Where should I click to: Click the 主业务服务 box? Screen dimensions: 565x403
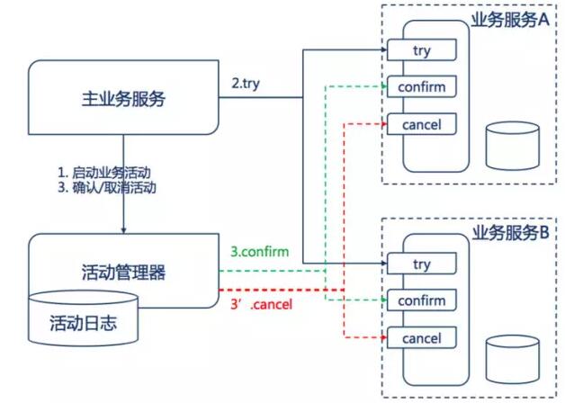[x=123, y=97]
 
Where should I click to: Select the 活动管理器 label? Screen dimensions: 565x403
[x=123, y=273]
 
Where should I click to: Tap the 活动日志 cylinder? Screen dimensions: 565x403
[x=83, y=318]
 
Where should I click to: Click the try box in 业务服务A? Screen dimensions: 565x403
[x=422, y=50]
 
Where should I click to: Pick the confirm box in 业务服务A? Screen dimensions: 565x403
[x=422, y=86]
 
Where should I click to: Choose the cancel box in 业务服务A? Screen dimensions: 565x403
[x=422, y=124]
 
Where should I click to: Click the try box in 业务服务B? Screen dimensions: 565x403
[x=422, y=264]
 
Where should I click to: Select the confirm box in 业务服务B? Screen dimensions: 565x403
[x=422, y=300]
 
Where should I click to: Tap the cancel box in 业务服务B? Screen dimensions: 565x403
[x=422, y=338]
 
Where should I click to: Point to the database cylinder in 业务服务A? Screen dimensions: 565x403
[x=513, y=146]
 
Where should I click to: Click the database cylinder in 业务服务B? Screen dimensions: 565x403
[x=513, y=360]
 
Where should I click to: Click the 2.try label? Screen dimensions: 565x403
[x=246, y=84]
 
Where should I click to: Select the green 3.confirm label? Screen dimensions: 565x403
[x=260, y=252]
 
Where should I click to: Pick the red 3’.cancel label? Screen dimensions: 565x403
[x=261, y=305]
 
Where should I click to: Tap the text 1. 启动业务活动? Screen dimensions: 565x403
[x=104, y=173]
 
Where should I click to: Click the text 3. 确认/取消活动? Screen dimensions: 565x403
[x=107, y=188]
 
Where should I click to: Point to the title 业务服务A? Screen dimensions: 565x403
[x=510, y=20]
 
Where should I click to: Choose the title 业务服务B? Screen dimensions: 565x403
[x=511, y=233]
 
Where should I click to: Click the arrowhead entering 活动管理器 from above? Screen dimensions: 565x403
[x=123, y=230]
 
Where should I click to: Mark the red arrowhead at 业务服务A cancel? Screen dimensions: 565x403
[x=384, y=124]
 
